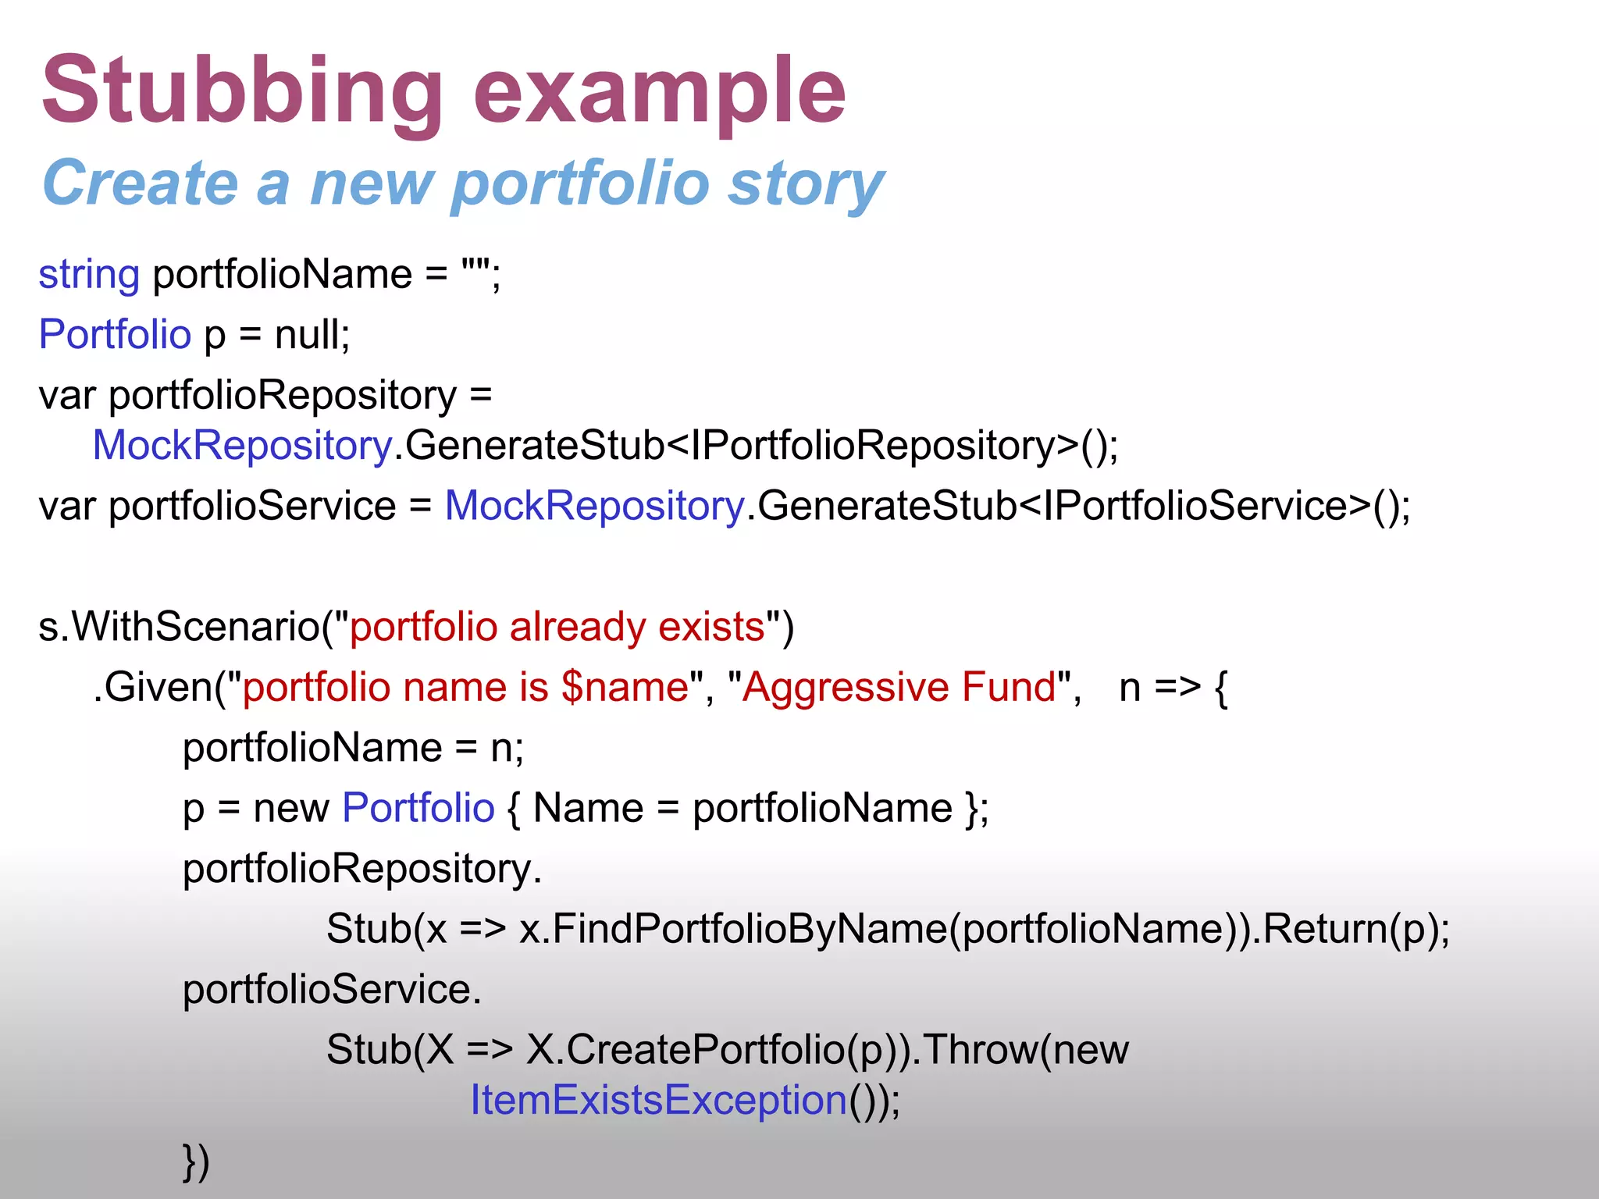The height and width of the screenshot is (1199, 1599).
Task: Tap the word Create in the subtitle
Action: coord(141,183)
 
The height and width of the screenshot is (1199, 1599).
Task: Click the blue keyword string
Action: coord(89,275)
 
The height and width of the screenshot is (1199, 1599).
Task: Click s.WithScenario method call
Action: coord(180,627)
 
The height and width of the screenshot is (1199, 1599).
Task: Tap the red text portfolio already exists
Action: coord(557,627)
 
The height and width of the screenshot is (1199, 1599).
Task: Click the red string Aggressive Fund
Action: coord(899,687)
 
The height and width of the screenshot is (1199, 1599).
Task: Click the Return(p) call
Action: coord(1351,929)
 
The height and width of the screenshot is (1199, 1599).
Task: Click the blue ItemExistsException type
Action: coord(658,1101)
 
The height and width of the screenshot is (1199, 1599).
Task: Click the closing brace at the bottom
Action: coord(190,1161)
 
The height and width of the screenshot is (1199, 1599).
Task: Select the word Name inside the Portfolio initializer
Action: coord(588,808)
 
